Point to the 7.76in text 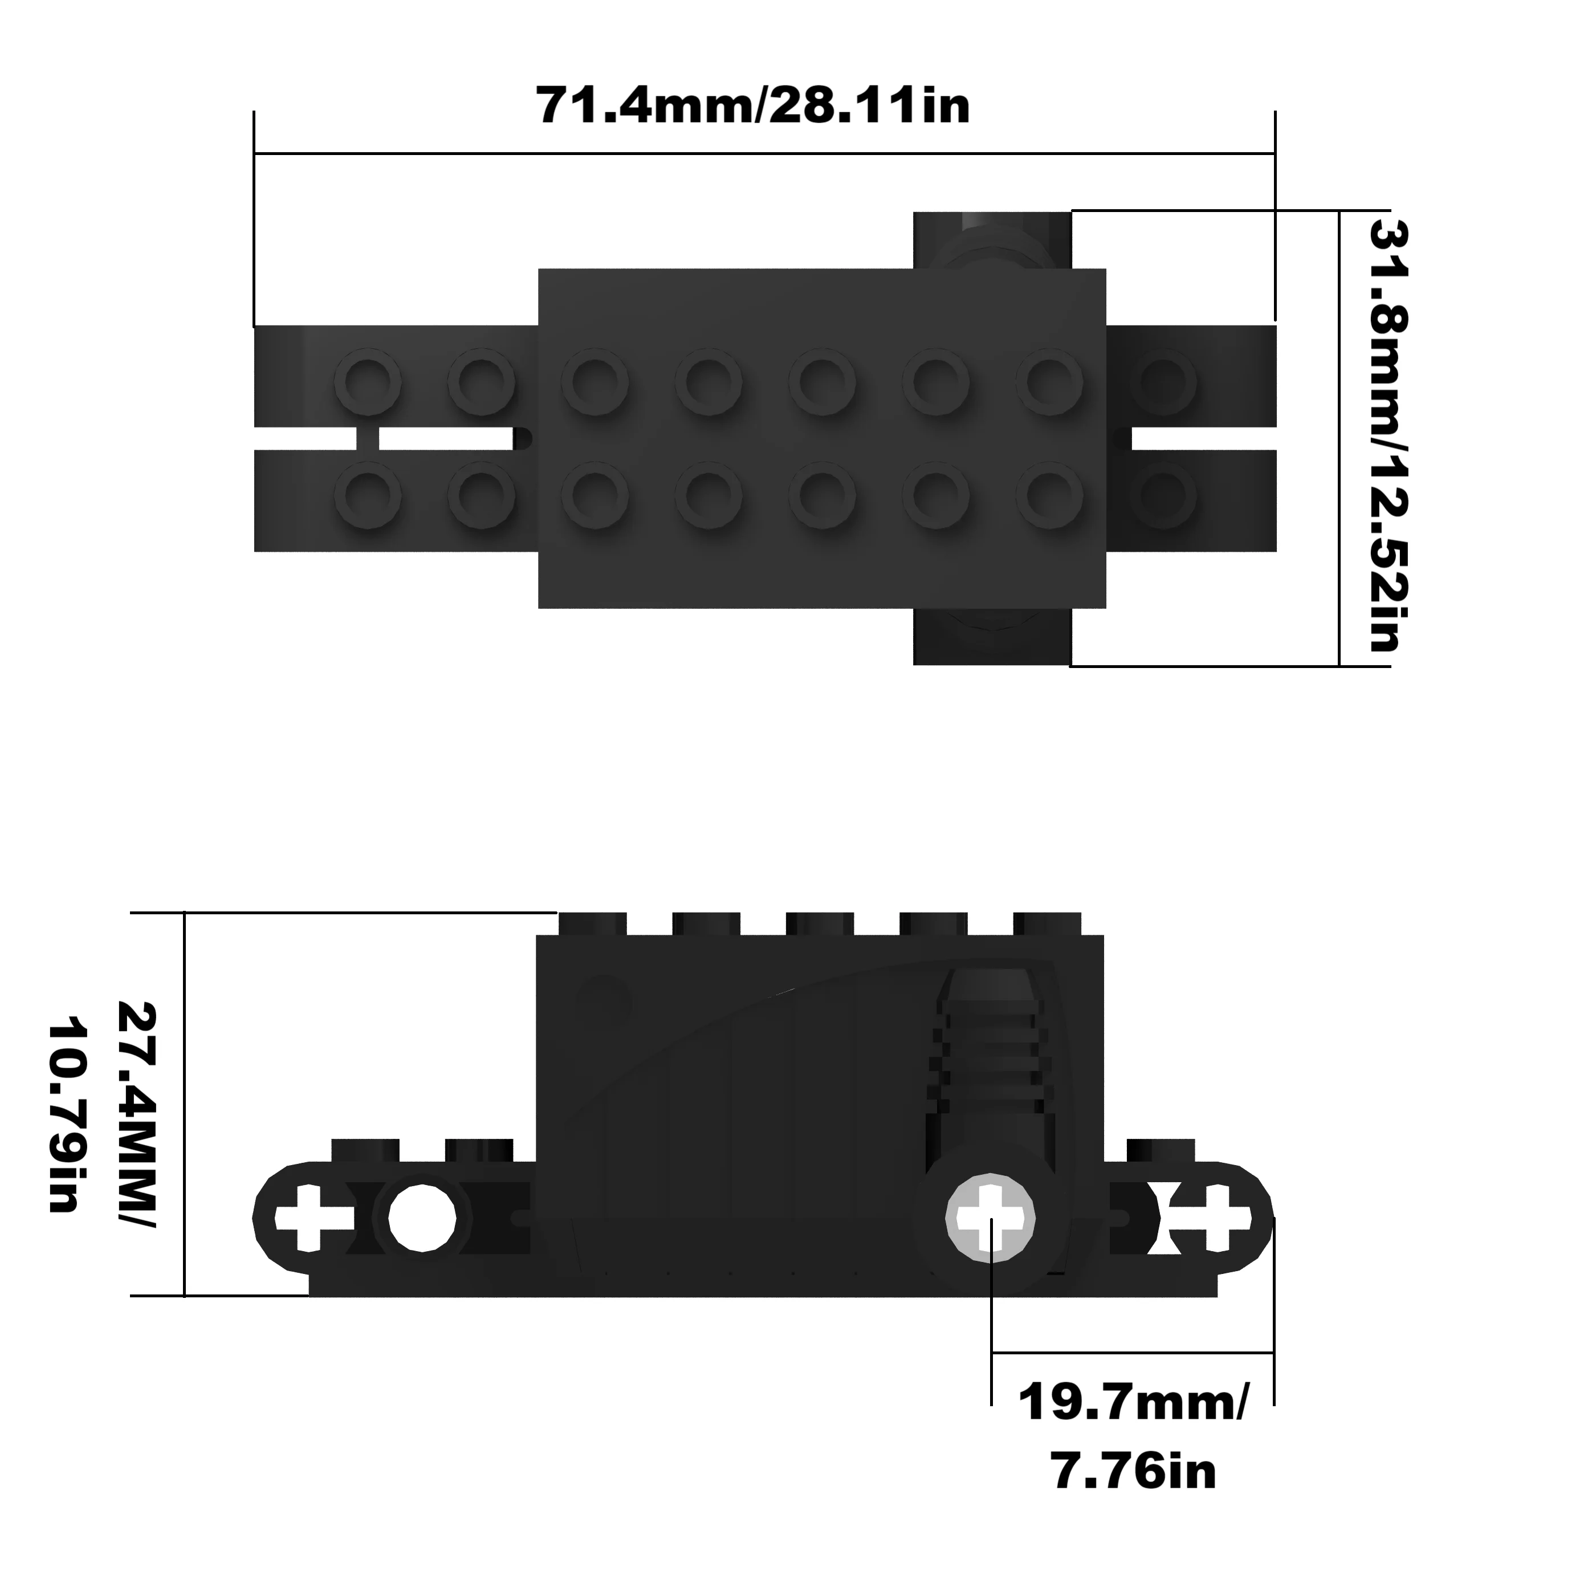(x=1133, y=1471)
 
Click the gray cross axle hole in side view (x=990, y=1218)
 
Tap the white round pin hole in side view (x=422, y=1218)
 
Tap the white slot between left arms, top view (x=446, y=439)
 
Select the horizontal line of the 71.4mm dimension (x=764, y=153)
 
